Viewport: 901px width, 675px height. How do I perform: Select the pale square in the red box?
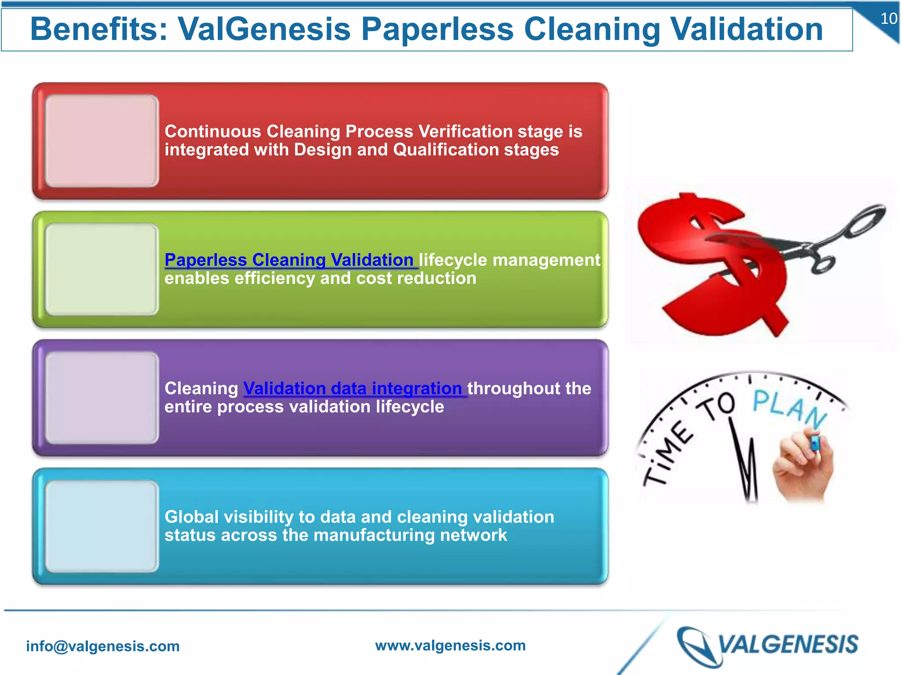click(x=102, y=141)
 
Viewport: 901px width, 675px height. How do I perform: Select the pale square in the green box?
click(x=102, y=269)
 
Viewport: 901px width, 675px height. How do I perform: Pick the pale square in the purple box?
click(x=102, y=398)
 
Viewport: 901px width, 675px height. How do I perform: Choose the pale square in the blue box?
click(x=102, y=526)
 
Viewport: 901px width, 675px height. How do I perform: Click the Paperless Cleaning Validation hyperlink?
click(x=289, y=260)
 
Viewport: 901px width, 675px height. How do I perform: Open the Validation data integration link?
click(x=352, y=388)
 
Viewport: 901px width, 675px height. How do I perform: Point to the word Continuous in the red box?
click(x=213, y=131)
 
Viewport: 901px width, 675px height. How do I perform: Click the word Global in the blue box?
click(x=191, y=517)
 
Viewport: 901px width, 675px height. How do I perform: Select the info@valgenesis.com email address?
click(x=103, y=646)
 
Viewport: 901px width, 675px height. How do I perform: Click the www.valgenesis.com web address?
click(x=450, y=645)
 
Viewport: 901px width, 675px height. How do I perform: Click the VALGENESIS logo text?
click(x=787, y=645)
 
